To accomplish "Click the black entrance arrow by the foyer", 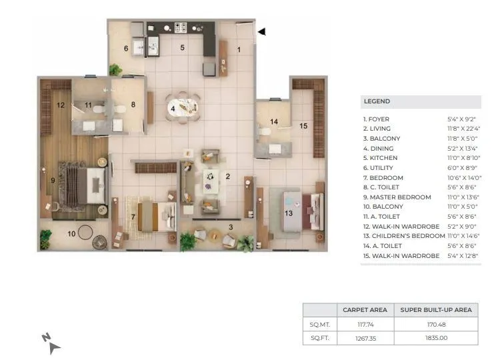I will (262, 31).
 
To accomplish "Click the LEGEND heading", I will (377, 101).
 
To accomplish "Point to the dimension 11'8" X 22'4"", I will (461, 129).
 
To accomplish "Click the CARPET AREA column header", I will (365, 310).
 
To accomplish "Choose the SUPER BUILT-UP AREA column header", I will (435, 310).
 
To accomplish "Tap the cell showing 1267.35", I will (365, 338).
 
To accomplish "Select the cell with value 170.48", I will (435, 324).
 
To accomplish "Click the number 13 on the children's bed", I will (289, 213).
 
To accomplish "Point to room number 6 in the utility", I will (125, 48).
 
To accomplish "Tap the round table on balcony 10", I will (85, 233).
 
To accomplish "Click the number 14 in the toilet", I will (273, 121).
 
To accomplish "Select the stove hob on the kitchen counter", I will (181, 27).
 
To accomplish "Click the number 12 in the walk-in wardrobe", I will (61, 105).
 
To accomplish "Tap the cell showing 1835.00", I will (435, 338).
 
